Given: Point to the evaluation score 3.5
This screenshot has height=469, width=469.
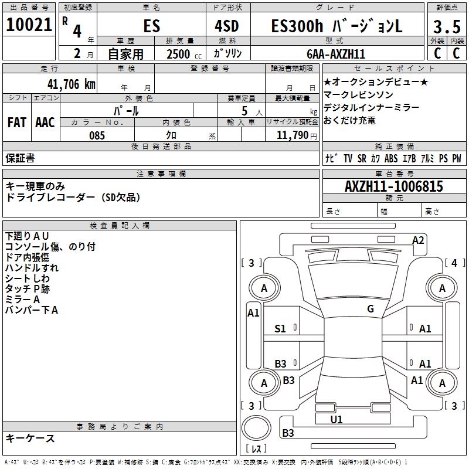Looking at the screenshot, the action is (446, 27).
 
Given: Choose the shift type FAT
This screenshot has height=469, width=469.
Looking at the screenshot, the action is (16, 122).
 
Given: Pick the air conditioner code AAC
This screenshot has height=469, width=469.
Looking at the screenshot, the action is (45, 122).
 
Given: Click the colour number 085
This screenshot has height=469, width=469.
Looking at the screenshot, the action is (97, 135).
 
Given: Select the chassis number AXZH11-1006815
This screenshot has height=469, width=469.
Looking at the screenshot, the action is (393, 187).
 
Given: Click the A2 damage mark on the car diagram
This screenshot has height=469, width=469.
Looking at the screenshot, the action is (418, 240).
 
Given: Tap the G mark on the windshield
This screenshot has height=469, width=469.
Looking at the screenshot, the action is (370, 309).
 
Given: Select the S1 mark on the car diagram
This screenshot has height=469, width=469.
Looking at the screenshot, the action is (280, 329).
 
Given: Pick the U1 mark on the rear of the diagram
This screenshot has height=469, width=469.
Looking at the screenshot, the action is (336, 419).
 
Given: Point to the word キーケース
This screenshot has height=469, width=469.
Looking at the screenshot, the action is (30, 438).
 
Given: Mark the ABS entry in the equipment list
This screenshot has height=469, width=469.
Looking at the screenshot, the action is (391, 158).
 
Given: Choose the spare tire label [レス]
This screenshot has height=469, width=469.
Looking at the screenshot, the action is (256, 450).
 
